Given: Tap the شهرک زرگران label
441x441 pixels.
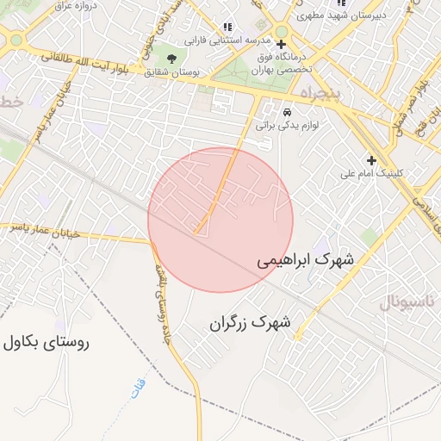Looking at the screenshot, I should tap(251, 324).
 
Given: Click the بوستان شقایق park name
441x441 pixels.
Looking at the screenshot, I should tap(176, 74).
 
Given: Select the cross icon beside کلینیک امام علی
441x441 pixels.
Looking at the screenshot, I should tap(371, 160).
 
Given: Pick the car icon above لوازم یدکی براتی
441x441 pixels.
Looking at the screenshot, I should tap(288, 112).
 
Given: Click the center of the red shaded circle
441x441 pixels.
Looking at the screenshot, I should tap(220, 220).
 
